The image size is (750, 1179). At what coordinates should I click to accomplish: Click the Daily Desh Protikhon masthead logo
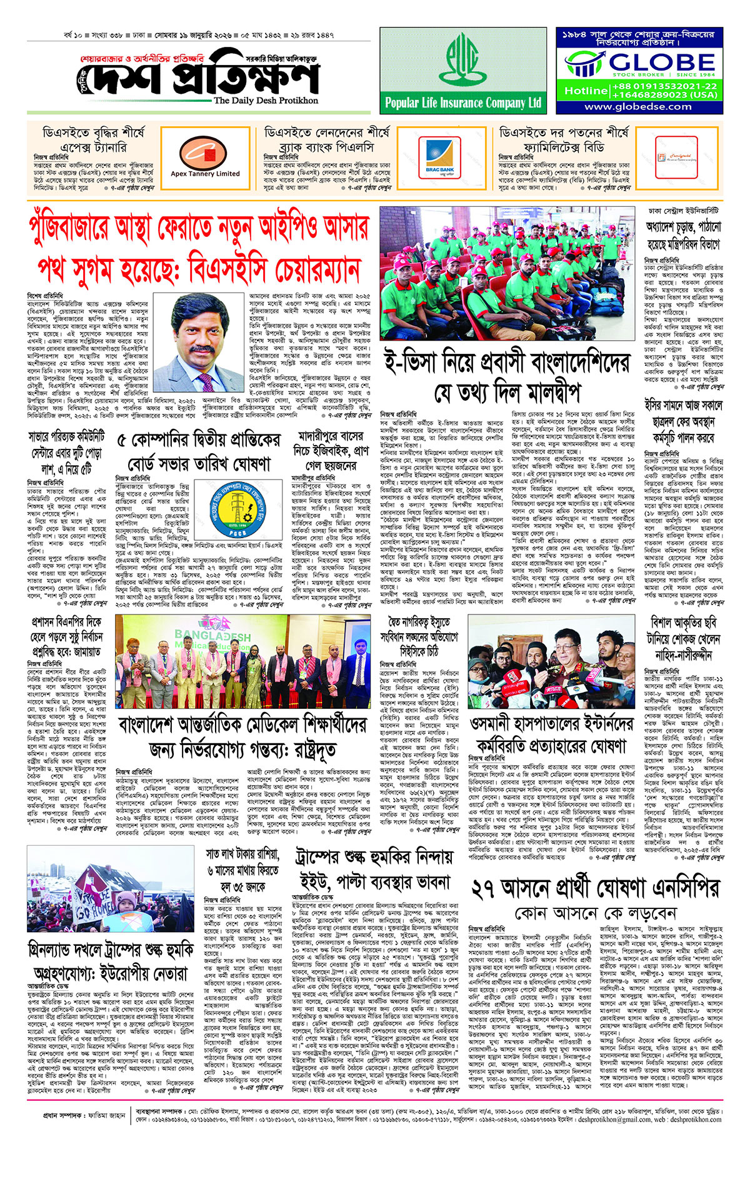click(200, 78)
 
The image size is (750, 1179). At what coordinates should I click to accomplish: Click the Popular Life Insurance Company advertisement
click(462, 70)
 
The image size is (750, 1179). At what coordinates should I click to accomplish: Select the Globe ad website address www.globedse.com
click(638, 107)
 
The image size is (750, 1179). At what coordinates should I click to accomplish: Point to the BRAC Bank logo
click(439, 156)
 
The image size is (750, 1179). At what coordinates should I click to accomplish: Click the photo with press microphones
click(551, 661)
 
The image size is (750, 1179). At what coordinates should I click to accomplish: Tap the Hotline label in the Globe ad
click(586, 91)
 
